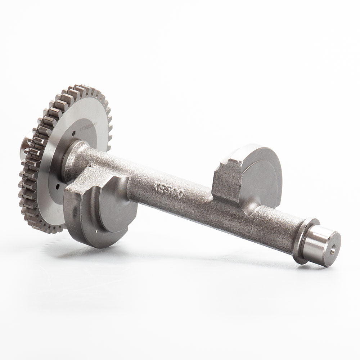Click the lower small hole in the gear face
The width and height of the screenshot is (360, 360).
click(58, 188)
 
